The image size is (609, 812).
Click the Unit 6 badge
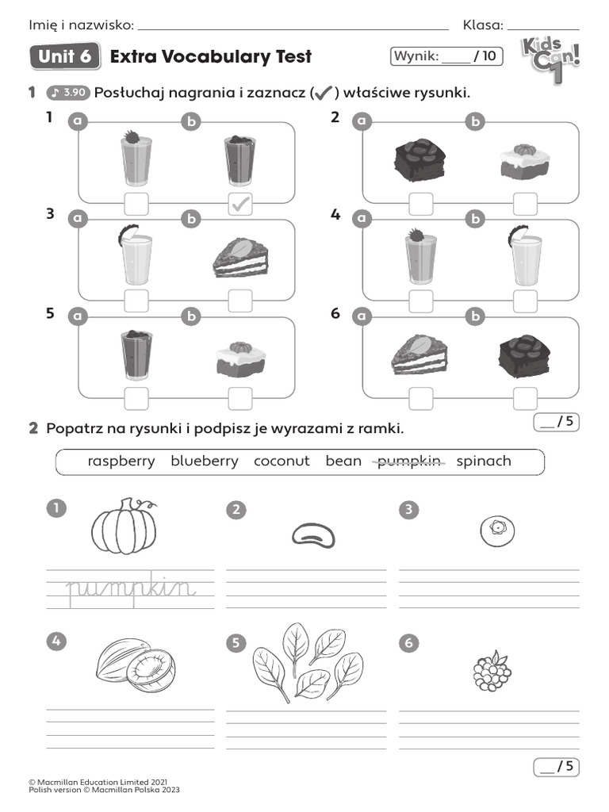(64, 57)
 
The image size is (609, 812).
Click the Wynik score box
(446, 56)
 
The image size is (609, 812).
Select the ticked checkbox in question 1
(240, 204)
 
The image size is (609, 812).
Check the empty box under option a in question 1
(136, 204)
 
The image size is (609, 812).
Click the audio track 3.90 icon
(67, 94)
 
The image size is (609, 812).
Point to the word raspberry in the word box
(121, 461)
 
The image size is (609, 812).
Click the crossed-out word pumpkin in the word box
(408, 461)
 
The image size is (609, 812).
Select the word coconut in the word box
(282, 461)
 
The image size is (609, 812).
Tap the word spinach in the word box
(484, 461)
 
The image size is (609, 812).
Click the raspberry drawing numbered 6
(491, 671)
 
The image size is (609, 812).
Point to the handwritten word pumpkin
(130, 588)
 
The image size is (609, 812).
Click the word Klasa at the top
(482, 25)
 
